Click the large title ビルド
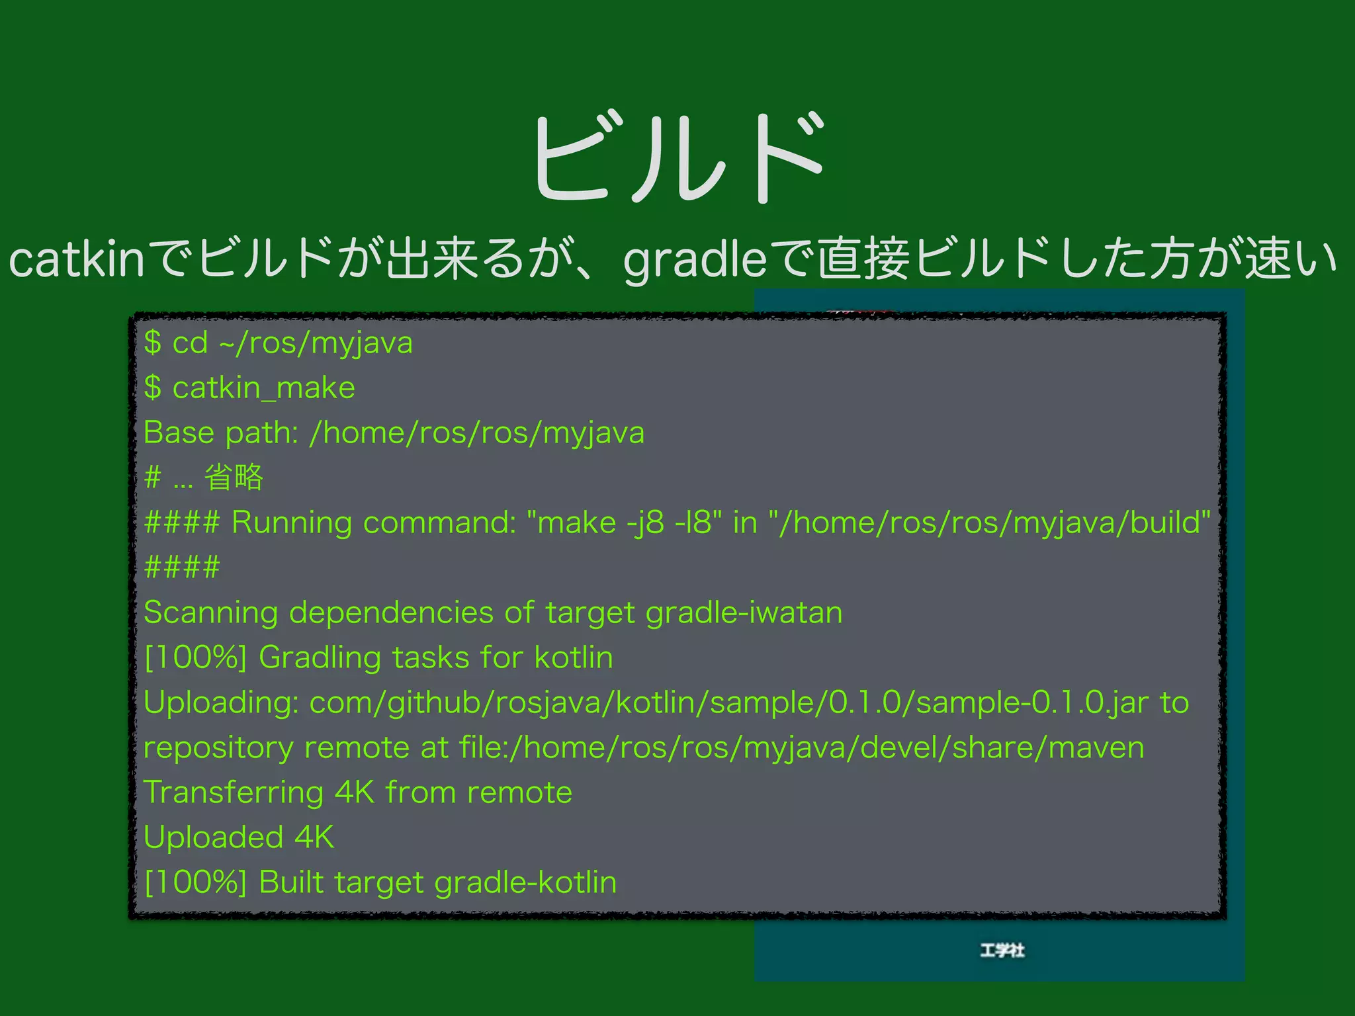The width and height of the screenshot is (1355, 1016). click(678, 159)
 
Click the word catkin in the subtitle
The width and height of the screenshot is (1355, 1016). click(76, 259)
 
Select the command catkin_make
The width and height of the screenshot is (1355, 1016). click(263, 388)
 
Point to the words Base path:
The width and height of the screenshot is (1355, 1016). click(221, 433)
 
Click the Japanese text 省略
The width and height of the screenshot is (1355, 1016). click(234, 477)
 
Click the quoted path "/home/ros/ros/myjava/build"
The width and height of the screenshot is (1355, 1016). click(990, 523)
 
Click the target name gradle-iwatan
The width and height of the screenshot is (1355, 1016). click(744, 613)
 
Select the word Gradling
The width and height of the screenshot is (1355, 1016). click(320, 657)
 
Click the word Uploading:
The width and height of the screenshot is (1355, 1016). click(220, 702)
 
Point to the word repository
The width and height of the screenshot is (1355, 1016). click(218, 747)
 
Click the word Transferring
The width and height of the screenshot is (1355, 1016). click(233, 792)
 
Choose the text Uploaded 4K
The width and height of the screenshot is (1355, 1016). click(239, 837)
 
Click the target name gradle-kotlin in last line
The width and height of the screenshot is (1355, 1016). click(525, 882)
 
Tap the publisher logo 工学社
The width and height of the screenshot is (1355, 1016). click(1002, 951)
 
